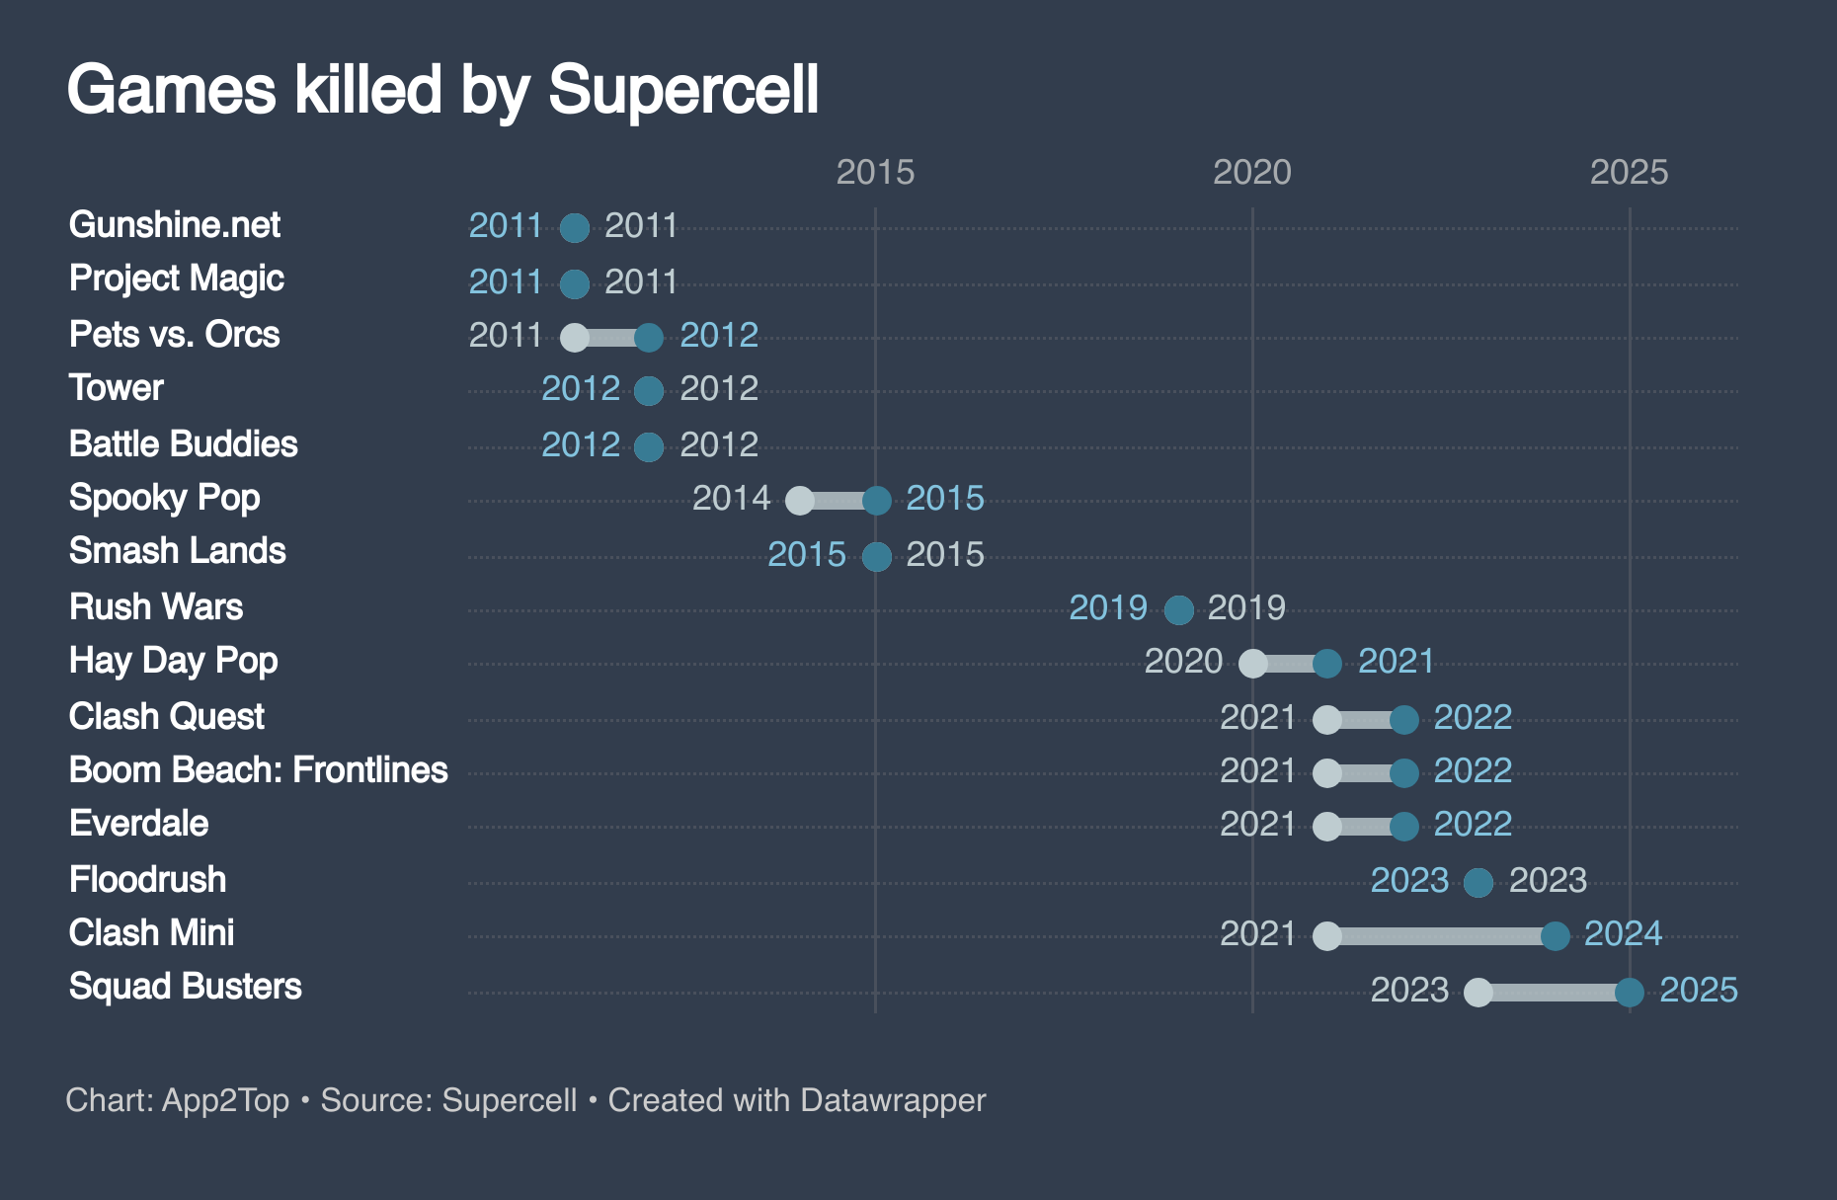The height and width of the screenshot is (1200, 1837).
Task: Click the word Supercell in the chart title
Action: tap(683, 91)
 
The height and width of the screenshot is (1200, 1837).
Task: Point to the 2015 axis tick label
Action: tap(875, 173)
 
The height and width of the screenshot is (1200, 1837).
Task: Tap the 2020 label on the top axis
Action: tap(1251, 173)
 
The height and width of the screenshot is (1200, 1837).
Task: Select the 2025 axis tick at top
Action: tap(1629, 173)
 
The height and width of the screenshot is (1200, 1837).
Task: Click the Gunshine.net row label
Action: tap(175, 225)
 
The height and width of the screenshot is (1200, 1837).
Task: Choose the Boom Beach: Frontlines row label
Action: tap(258, 770)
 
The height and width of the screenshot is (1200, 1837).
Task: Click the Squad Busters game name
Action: tap(185, 987)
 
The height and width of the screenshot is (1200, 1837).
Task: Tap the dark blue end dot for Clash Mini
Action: tap(1555, 935)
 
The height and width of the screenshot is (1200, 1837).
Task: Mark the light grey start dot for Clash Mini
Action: tap(1327, 935)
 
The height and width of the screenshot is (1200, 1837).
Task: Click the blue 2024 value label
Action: tap(1623, 933)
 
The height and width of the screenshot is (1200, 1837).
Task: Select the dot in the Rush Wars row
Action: tap(1178, 609)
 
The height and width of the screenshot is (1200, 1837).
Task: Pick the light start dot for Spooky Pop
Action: tap(800, 500)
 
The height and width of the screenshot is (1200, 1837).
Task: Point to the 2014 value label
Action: tap(731, 498)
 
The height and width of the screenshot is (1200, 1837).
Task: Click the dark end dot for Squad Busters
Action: tap(1630, 992)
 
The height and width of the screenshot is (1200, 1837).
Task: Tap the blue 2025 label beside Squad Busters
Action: tap(1698, 990)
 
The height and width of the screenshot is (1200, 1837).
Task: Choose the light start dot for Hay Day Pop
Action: tap(1252, 663)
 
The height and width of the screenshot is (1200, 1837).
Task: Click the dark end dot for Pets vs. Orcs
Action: tap(649, 337)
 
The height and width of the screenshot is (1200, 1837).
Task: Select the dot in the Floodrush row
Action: tap(1478, 882)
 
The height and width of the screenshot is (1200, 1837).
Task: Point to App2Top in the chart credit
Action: tap(225, 1100)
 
